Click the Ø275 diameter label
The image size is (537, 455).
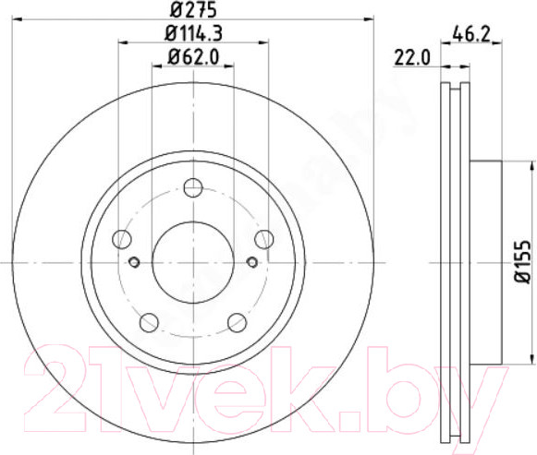click(191, 10)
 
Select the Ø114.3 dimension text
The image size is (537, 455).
click(192, 35)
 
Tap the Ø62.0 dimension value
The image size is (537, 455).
click(192, 57)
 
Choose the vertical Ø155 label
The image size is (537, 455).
click(522, 261)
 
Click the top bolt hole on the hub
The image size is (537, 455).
click(192, 188)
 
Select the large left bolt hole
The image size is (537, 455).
click(121, 240)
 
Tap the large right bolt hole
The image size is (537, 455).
click(263, 240)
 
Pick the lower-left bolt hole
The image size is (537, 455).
click(148, 322)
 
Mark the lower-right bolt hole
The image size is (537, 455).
click(236, 322)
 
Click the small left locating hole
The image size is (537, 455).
click(134, 263)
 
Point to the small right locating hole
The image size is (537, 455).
click(250, 263)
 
